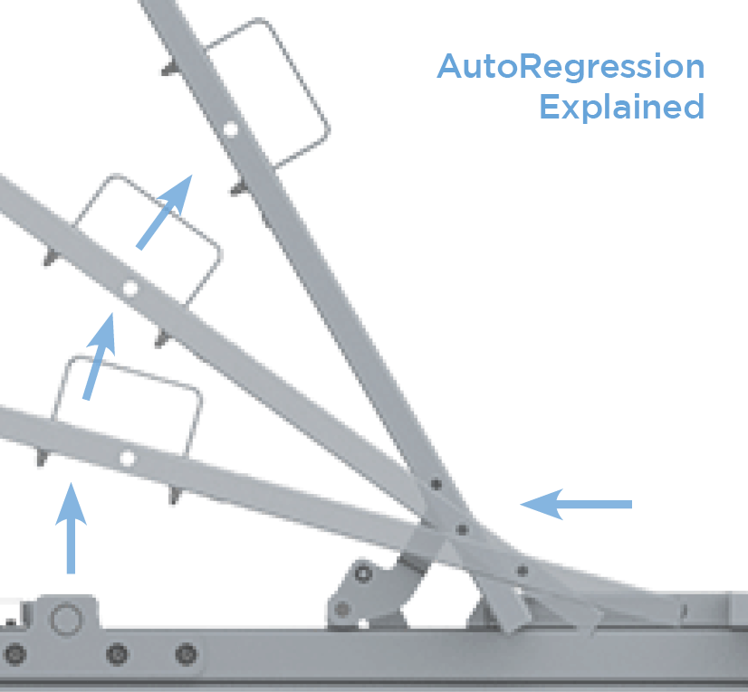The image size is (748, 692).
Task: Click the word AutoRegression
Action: [x=571, y=68]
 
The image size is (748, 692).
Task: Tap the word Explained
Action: [x=621, y=108]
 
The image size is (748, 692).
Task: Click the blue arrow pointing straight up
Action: [x=71, y=528]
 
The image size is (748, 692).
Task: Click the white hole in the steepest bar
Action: [x=230, y=130]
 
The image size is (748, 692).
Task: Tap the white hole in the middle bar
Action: [x=129, y=289]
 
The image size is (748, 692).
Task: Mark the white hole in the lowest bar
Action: [x=126, y=459]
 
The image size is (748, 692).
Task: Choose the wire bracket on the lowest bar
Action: [x=127, y=398]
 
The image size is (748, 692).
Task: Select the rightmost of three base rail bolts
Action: [x=186, y=653]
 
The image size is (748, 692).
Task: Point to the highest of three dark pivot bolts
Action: [x=436, y=484]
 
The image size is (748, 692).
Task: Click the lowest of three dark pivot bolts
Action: [x=523, y=571]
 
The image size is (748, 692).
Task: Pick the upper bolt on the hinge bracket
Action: [x=363, y=574]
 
